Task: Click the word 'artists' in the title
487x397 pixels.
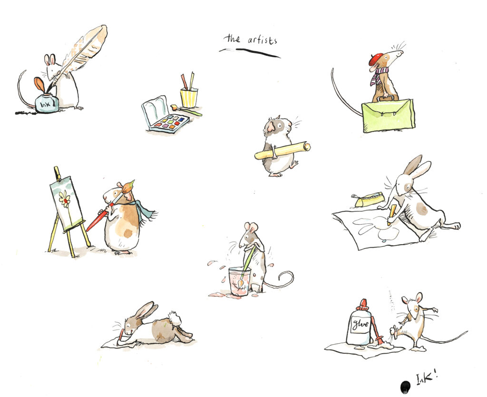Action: pyautogui.click(x=262, y=40)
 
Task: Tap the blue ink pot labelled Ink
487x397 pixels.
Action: pyautogui.click(x=47, y=103)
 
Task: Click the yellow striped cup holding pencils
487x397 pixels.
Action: pyautogui.click(x=189, y=97)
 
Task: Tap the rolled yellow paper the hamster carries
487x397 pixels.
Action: pyautogui.click(x=282, y=150)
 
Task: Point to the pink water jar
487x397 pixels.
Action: pyautogui.click(x=240, y=281)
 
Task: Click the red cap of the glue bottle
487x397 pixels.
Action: pyautogui.click(x=363, y=305)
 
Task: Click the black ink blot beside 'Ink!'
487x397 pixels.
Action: pyautogui.click(x=405, y=387)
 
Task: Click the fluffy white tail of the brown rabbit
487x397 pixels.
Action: pyautogui.click(x=175, y=318)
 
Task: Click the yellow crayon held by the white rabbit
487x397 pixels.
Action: pyautogui.click(x=391, y=215)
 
